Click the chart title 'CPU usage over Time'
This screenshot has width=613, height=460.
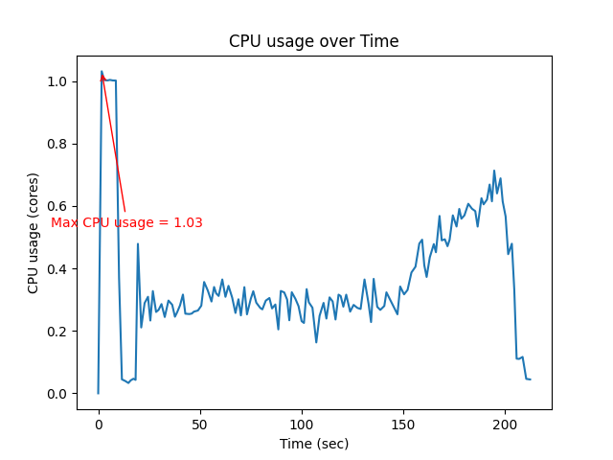coord(313,41)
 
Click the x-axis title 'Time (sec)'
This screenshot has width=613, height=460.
coord(313,444)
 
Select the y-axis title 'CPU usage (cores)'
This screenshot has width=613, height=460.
coord(34,233)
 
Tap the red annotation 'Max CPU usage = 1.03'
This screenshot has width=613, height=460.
coord(126,222)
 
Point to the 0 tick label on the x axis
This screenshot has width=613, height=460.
coord(98,422)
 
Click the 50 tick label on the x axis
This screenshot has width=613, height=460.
coord(199,422)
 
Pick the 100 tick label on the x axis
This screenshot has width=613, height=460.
coord(302,422)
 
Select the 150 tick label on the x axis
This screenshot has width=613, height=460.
coord(403,422)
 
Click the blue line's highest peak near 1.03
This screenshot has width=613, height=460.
coord(102,72)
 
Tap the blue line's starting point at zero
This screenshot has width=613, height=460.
coord(98,393)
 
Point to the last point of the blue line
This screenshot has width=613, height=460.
coord(530,379)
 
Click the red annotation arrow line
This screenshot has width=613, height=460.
coord(113,144)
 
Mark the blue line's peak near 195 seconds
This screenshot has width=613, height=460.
coord(494,172)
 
